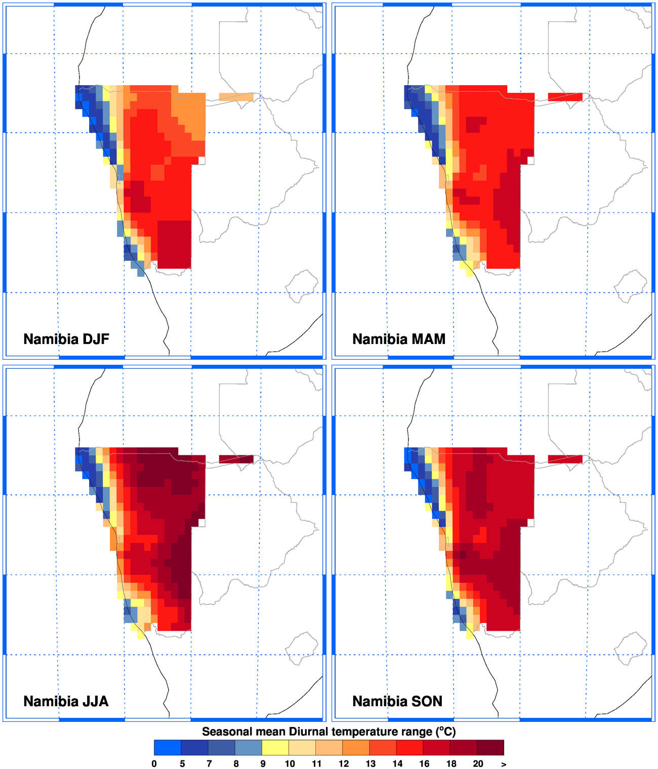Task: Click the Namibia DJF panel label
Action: [x=66, y=339]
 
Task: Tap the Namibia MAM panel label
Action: [x=399, y=339]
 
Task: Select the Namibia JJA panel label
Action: [x=66, y=701]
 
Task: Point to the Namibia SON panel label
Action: [x=397, y=701]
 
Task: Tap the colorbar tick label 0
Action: [x=154, y=764]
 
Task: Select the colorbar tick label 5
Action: [x=182, y=764]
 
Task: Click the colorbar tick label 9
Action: [x=263, y=764]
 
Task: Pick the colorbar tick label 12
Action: [x=344, y=764]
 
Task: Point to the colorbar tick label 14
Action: [x=397, y=764]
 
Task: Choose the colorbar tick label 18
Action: [x=451, y=764]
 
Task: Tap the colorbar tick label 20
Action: [x=478, y=764]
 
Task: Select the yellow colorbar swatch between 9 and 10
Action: [x=275, y=748]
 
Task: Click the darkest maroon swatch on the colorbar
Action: [x=490, y=748]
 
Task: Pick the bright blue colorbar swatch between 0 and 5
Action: [x=168, y=748]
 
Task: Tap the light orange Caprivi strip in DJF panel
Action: [x=236, y=97]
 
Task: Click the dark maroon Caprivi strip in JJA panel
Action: [x=236, y=459]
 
